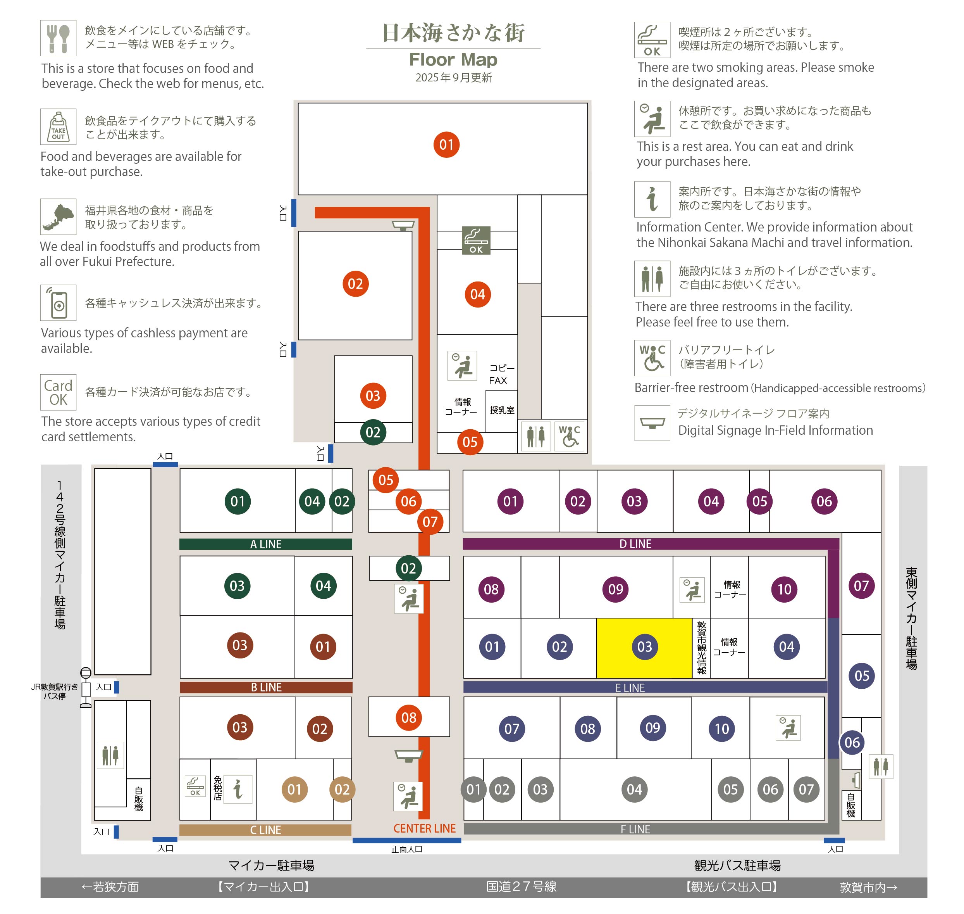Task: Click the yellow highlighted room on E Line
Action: [x=644, y=648]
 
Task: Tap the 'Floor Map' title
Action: [x=453, y=59]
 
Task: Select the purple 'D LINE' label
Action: [x=635, y=544]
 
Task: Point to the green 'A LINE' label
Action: [x=265, y=544]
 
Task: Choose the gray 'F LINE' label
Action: [x=635, y=829]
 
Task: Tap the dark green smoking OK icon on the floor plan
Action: [x=476, y=240]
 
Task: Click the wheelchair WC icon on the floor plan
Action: [x=569, y=436]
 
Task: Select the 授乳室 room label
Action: [x=502, y=410]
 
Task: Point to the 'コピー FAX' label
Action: [x=501, y=374]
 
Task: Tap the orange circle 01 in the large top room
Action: [x=446, y=145]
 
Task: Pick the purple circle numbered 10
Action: [x=784, y=589]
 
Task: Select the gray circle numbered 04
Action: [x=634, y=789]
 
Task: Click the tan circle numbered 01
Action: [x=294, y=789]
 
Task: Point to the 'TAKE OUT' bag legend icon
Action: [x=58, y=126]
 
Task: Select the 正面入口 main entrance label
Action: [x=406, y=849]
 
